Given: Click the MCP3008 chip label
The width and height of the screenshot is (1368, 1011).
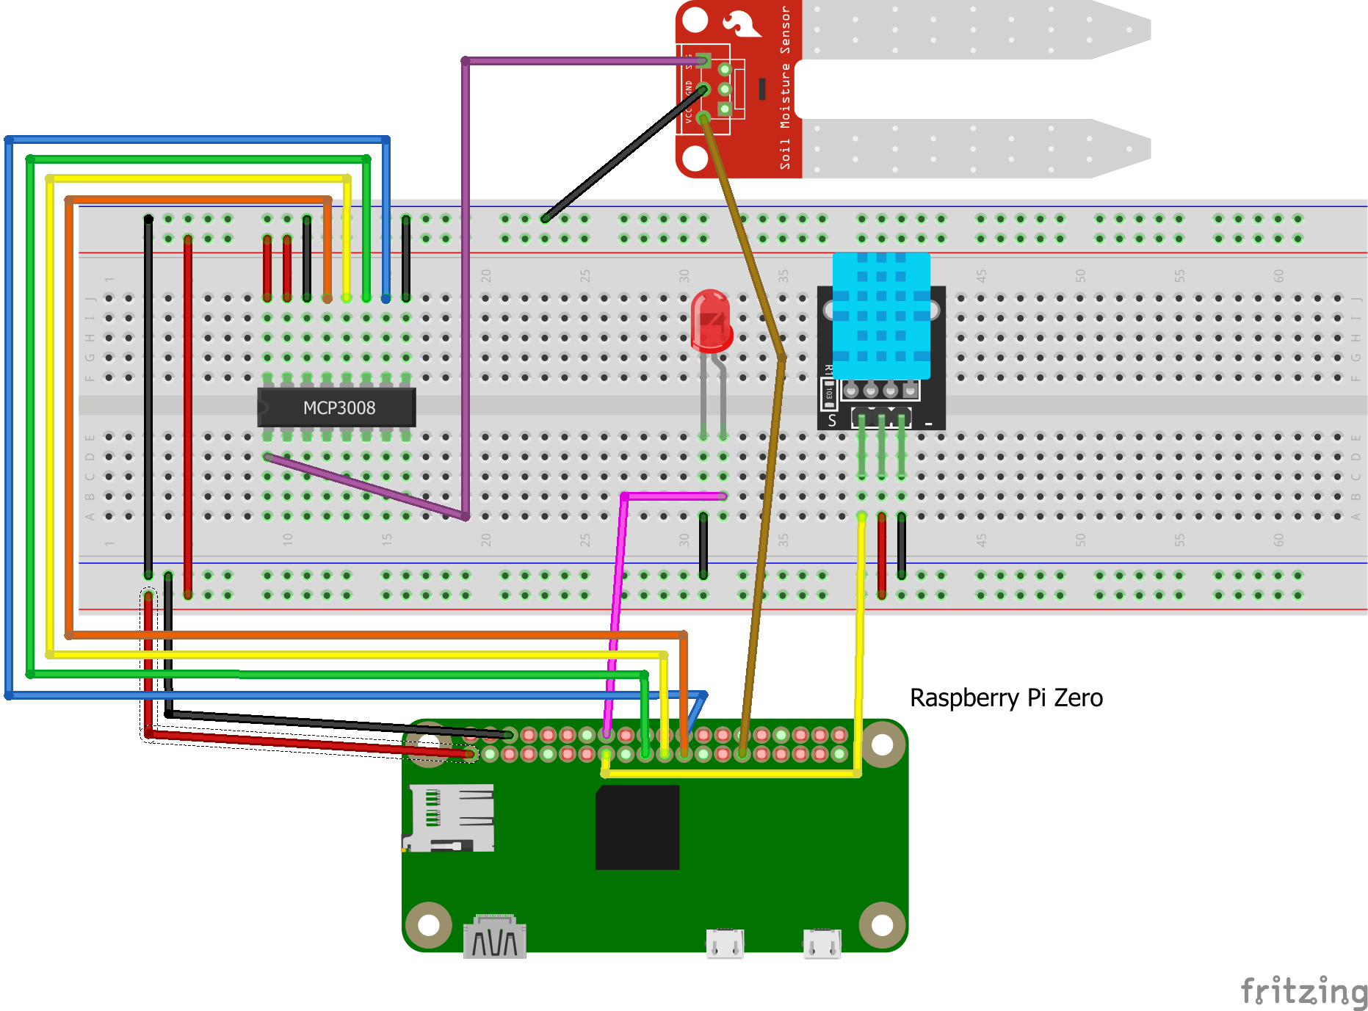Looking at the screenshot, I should [x=339, y=408].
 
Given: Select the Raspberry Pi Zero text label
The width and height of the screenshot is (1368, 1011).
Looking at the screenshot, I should [x=1005, y=697].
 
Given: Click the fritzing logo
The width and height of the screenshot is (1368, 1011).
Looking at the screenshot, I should [x=1303, y=991].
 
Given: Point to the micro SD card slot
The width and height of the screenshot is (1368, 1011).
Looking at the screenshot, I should [x=449, y=817].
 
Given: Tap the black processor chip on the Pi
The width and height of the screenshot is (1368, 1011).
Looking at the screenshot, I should [x=637, y=827].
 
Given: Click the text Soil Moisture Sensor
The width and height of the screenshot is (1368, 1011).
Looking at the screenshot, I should [x=785, y=88].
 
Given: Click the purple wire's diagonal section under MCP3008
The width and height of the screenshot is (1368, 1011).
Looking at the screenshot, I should [x=367, y=487].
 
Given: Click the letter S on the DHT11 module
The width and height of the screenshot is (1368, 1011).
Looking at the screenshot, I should [x=832, y=421].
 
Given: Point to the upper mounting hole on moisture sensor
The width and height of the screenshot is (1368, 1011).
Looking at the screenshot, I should [x=695, y=20].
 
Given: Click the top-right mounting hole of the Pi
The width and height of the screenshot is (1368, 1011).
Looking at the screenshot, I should [x=882, y=744].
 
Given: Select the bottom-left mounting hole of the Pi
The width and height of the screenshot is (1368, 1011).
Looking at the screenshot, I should [x=428, y=925].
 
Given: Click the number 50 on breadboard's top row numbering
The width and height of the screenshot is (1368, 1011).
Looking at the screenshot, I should [x=1080, y=276].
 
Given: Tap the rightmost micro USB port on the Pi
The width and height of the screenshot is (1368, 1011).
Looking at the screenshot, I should [x=822, y=943].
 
